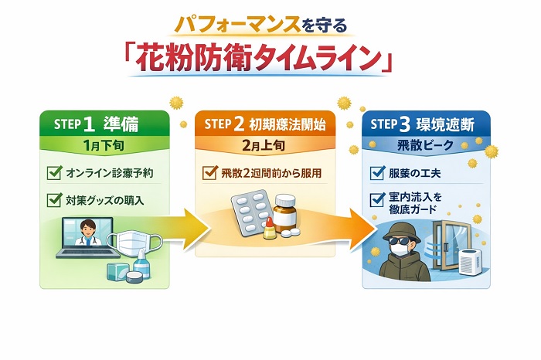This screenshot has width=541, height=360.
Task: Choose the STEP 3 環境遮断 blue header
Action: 426,124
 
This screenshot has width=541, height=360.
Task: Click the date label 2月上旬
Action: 265,145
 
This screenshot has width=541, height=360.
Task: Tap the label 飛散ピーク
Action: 425,145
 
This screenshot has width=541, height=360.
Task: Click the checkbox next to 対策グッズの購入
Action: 54,200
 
